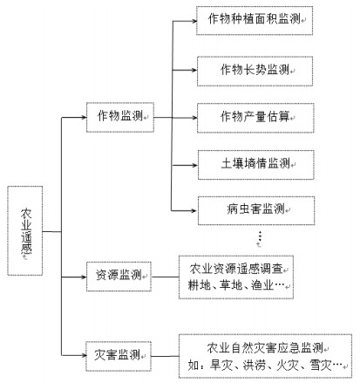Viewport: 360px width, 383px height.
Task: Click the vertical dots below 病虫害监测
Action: [260, 236]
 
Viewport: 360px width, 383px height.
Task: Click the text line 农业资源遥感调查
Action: [236, 269]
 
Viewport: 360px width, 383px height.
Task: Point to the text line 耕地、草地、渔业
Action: [236, 285]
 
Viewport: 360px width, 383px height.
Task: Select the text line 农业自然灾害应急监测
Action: [265, 348]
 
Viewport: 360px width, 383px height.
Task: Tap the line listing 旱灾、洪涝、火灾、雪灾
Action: [265, 365]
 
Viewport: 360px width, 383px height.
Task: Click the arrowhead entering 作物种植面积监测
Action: [194, 21]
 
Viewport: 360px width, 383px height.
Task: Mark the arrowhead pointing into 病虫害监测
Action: [195, 210]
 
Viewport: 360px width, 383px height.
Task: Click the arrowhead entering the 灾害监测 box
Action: [84, 355]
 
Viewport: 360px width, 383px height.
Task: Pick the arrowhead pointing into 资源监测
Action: [84, 277]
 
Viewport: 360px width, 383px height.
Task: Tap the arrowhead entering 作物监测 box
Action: [84, 118]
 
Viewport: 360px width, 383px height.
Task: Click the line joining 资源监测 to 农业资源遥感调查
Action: [165, 277]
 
